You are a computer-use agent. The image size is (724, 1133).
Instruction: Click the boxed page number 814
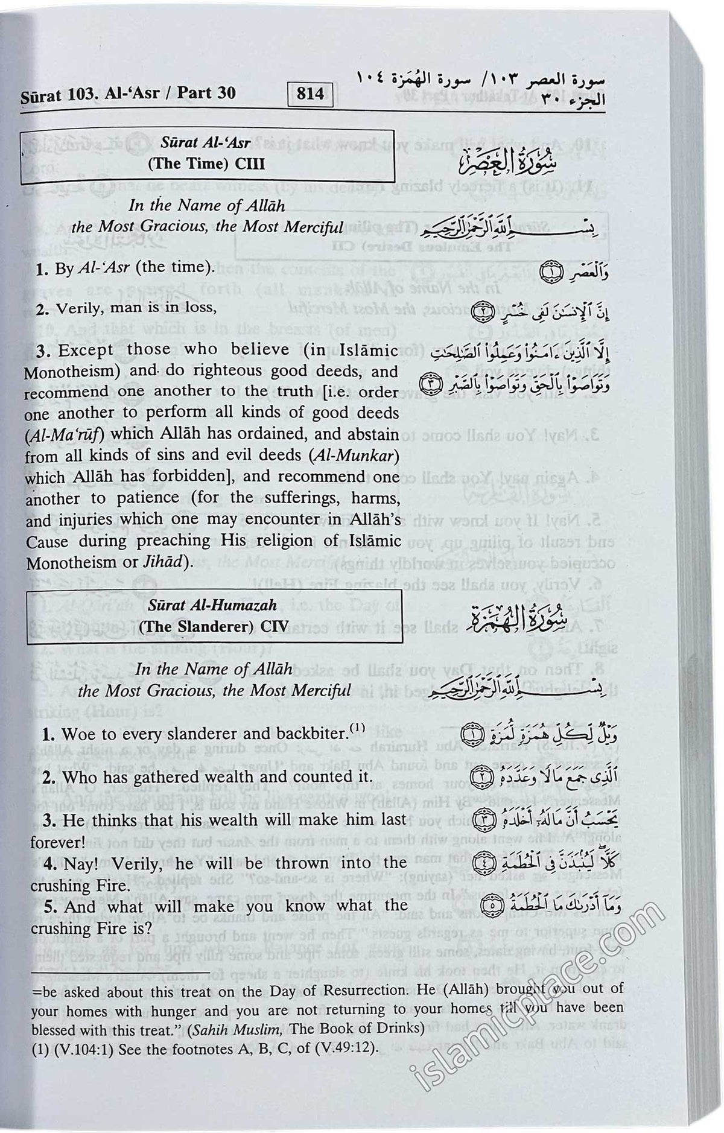pos(310,94)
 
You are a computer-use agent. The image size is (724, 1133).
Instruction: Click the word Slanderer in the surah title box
pos(203,626)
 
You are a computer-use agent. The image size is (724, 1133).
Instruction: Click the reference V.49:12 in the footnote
pos(345,1049)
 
